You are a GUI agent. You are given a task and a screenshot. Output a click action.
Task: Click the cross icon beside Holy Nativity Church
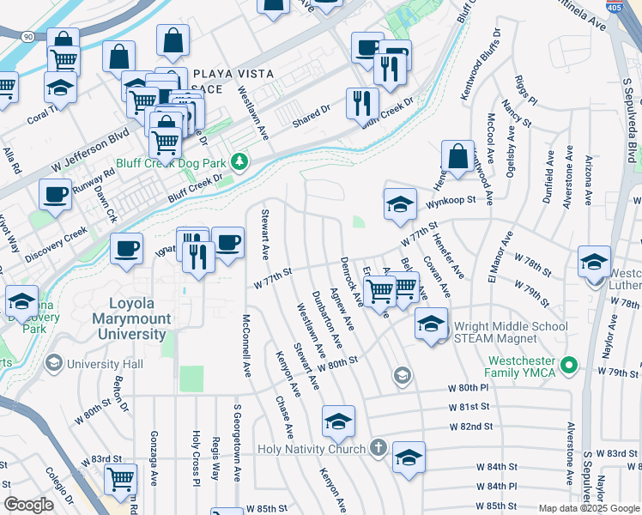click(x=378, y=448)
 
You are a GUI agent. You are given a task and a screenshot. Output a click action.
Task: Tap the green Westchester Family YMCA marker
click(x=566, y=367)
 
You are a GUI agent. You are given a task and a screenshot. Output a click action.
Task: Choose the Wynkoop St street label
click(x=452, y=203)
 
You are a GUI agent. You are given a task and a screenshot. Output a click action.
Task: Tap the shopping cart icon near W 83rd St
click(x=120, y=479)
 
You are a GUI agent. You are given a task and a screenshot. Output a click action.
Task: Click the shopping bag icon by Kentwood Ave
click(x=458, y=157)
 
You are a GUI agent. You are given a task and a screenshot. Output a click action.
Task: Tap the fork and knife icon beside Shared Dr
click(x=362, y=104)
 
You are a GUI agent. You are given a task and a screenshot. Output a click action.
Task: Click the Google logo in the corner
click(x=29, y=505)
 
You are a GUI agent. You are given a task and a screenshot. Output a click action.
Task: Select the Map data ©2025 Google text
click(x=588, y=508)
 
